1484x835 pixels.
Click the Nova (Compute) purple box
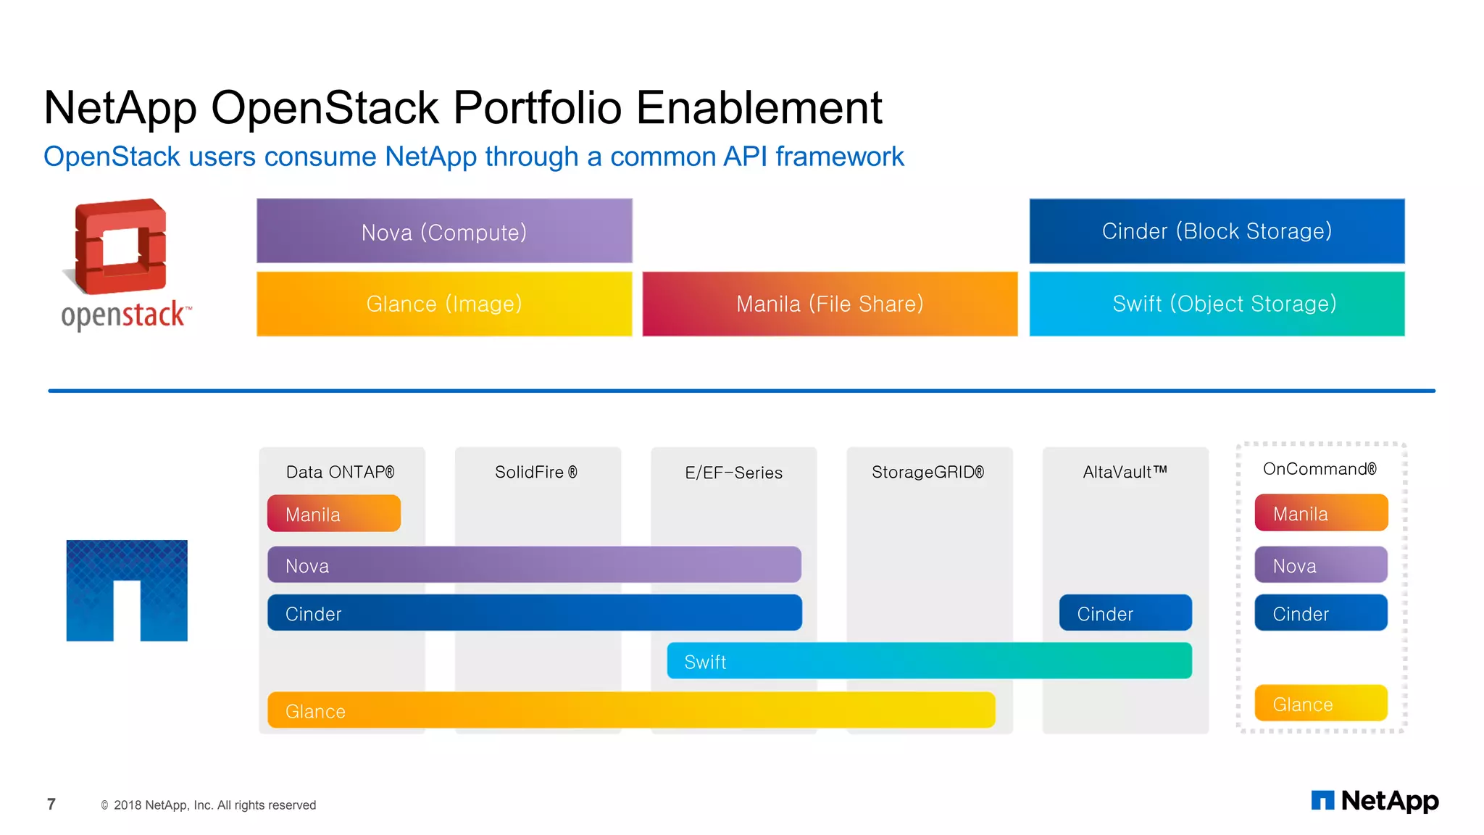[444, 231]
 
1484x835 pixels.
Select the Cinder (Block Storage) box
[1217, 231]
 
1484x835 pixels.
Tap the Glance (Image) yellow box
[444, 304]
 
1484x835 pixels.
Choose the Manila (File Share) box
[830, 304]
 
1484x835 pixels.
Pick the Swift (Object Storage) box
[1217, 304]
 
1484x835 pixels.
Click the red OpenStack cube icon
[121, 246]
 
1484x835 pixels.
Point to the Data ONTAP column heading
[340, 472]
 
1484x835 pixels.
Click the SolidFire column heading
[536, 472]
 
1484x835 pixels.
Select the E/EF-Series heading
[733, 473]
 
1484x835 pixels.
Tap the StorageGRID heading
[927, 472]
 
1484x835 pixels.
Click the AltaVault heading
[1125, 472]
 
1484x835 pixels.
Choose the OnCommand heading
[1320, 469]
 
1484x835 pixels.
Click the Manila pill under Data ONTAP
[333, 514]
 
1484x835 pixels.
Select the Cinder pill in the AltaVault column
[1125, 613]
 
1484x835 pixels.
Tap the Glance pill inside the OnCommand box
[1320, 703]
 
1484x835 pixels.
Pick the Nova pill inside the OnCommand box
[1320, 565]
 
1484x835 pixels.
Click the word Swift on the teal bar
[705, 662]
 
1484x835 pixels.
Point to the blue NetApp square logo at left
[127, 590]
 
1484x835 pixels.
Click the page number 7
[51, 804]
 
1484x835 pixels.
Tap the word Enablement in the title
[759, 108]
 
